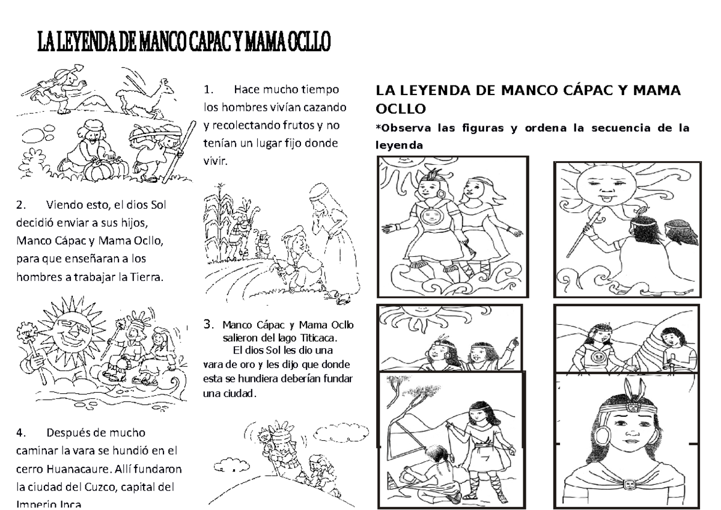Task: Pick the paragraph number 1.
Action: pyautogui.click(x=208, y=90)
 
